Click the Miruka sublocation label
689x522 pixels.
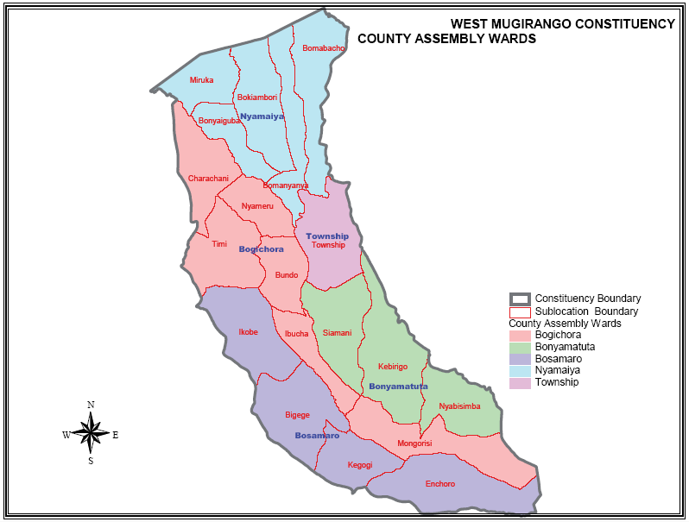(201, 80)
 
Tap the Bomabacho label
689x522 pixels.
(324, 48)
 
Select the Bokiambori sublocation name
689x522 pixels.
(256, 97)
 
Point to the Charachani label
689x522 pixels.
(208, 179)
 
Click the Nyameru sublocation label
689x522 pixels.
(257, 206)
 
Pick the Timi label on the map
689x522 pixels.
(219, 244)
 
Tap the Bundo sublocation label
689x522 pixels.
(287, 275)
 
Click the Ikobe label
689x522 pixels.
(248, 331)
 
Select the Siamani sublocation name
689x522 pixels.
(337, 333)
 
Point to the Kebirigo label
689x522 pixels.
(393, 367)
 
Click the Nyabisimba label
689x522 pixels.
(459, 406)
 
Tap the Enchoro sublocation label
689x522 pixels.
(440, 484)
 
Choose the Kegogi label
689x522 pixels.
(360, 465)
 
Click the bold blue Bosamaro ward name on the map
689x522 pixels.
(317, 436)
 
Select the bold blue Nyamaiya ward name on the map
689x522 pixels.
(262, 116)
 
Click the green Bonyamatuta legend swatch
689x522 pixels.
(520, 347)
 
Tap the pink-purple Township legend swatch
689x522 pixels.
(520, 382)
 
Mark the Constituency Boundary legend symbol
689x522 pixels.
(520, 299)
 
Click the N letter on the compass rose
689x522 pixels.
(91, 404)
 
